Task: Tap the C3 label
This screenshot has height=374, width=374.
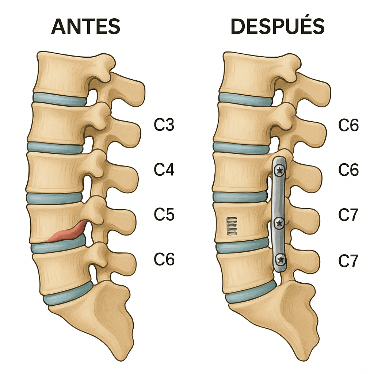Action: tap(164, 125)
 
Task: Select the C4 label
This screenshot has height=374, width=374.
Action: tap(164, 170)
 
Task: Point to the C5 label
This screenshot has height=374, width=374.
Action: tap(164, 215)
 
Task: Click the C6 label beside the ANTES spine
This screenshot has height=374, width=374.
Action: tap(164, 259)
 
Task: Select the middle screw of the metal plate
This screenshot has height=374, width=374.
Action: tap(279, 222)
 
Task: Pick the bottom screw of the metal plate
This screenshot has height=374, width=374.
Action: tap(281, 260)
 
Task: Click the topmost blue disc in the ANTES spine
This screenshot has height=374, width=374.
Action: tap(60, 99)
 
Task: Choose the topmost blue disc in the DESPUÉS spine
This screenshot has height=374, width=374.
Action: tap(246, 99)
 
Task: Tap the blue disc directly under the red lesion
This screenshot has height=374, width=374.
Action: tap(58, 246)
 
